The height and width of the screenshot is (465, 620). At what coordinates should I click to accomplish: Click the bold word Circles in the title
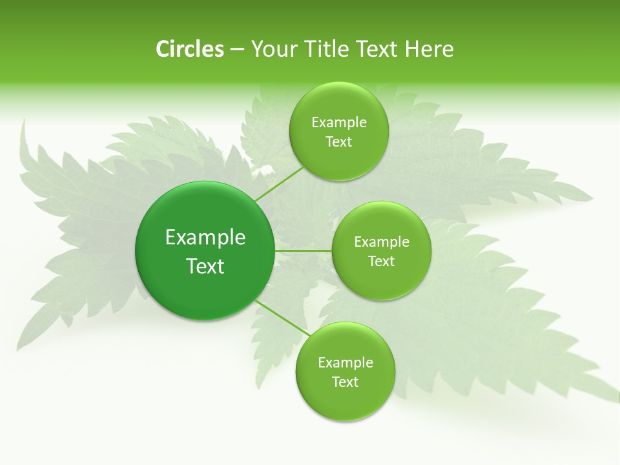pyautogui.click(x=189, y=49)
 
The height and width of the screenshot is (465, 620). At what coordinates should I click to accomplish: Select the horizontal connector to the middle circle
pyautogui.click(x=303, y=251)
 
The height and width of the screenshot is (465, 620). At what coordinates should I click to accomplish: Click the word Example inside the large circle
pyautogui.click(x=205, y=238)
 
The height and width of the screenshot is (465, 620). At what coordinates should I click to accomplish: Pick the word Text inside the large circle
pyautogui.click(x=205, y=266)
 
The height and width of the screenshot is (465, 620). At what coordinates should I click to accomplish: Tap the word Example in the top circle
pyautogui.click(x=338, y=123)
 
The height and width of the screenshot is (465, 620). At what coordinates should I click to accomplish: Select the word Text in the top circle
pyautogui.click(x=338, y=142)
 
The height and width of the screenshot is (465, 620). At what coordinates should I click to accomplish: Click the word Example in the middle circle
pyautogui.click(x=381, y=242)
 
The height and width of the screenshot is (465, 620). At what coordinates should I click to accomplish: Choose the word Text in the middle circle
pyautogui.click(x=381, y=262)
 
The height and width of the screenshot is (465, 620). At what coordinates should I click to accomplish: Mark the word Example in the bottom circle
pyautogui.click(x=345, y=363)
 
